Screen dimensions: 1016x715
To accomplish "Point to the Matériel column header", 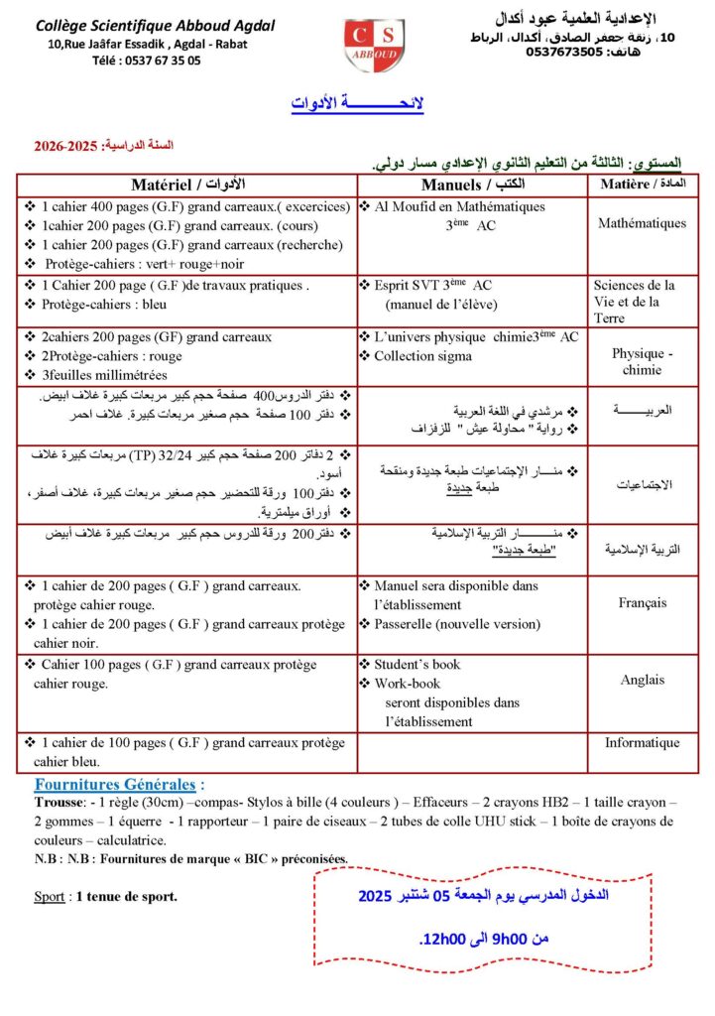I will click(187, 186).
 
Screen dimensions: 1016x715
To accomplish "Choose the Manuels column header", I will click(472, 186).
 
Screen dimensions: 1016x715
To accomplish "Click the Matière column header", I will click(642, 185).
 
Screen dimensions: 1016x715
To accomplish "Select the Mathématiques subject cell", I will click(642, 223).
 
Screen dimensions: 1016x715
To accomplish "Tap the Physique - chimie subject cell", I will click(642, 361).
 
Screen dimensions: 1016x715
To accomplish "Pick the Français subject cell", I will click(642, 602).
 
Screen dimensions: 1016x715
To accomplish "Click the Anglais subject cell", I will click(642, 680).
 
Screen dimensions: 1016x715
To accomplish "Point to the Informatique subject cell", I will click(642, 742).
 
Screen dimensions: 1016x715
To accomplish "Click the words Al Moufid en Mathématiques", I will click(459, 206).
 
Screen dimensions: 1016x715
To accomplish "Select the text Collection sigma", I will click(422, 355).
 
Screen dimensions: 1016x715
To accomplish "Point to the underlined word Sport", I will click(49, 897).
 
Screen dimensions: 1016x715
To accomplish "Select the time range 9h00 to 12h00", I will click(484, 938).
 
